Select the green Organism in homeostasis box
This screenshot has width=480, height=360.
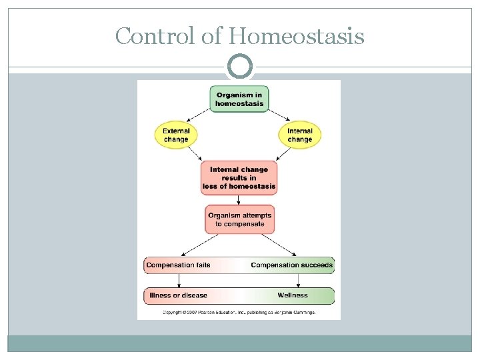point(239,99)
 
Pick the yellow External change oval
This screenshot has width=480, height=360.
point(176,135)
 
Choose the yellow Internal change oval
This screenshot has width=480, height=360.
point(300,135)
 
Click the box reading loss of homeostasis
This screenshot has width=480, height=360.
point(239,178)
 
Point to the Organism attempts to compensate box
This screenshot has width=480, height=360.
point(239,219)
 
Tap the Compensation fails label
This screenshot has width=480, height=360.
point(178,265)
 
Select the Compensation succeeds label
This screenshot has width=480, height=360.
point(291,265)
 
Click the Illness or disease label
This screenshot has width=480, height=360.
point(178,295)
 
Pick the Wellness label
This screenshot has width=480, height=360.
point(293,295)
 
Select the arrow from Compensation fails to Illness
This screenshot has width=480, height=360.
point(179,281)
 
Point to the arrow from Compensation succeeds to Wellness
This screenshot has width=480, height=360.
point(297,281)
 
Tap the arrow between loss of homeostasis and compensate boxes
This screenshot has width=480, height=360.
point(239,200)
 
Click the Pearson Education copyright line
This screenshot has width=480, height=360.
point(239,311)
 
